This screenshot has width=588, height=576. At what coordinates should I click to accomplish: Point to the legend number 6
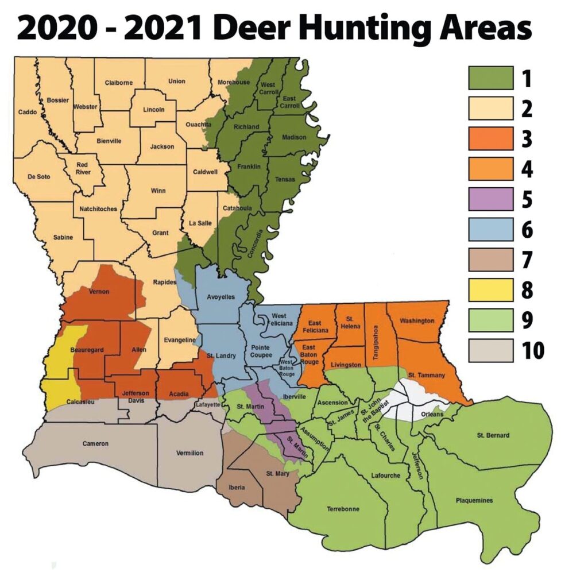click(x=527, y=231)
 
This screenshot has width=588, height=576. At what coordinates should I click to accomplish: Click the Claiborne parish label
click(x=119, y=83)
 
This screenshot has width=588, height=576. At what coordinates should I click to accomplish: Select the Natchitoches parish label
click(x=96, y=209)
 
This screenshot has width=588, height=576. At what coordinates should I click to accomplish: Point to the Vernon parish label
click(x=99, y=292)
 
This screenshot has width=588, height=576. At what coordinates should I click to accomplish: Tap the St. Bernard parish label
click(x=493, y=435)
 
